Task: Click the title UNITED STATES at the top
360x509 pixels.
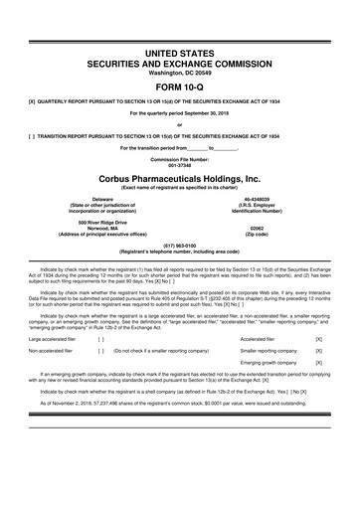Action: (179, 50)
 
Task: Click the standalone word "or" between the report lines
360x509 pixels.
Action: (179, 124)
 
